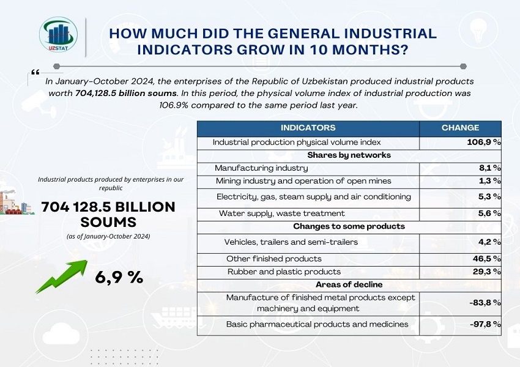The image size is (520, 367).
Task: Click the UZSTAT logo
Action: pos(58,35)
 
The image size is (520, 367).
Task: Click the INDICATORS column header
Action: pos(308,128)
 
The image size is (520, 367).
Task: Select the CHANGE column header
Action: pos(460,128)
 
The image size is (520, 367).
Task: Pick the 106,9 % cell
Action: pos(480,142)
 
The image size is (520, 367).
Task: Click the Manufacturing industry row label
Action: pos(261,168)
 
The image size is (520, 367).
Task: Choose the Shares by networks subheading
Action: pos(349,155)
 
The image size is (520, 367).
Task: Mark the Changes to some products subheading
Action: pos(349,226)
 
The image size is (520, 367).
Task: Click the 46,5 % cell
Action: pos(486,259)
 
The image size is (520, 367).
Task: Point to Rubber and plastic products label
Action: pos(284,272)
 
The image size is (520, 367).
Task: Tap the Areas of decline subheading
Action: pos(349,284)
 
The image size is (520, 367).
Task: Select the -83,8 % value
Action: pos(484,302)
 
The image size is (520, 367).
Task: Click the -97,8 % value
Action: pos(484,324)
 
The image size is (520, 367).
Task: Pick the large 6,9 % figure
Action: pos(119,277)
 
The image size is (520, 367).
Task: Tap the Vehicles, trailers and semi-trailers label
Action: pos(291,242)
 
